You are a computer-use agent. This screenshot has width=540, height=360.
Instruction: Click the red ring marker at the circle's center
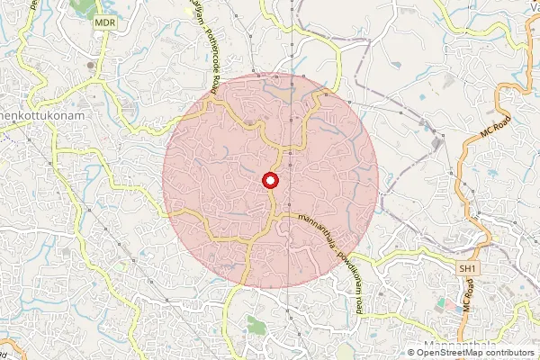click(x=270, y=181)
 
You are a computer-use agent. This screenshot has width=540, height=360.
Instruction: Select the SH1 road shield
click(x=466, y=269)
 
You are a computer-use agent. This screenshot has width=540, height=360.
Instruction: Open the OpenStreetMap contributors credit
click(x=475, y=353)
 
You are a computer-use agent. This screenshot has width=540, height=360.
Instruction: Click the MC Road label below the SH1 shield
click(x=469, y=295)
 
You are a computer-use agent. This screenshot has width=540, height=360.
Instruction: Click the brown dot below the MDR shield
click(x=89, y=65)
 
